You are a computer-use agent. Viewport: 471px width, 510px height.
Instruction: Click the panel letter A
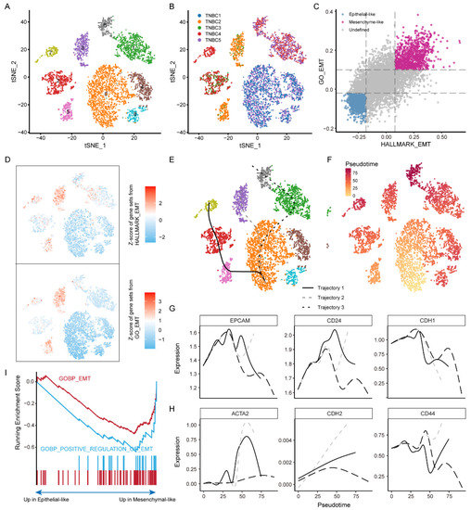pos(6,6)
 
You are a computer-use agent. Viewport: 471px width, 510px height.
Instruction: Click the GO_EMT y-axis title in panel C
pos(321,75)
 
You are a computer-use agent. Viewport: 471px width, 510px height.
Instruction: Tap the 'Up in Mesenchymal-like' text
pos(149,499)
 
